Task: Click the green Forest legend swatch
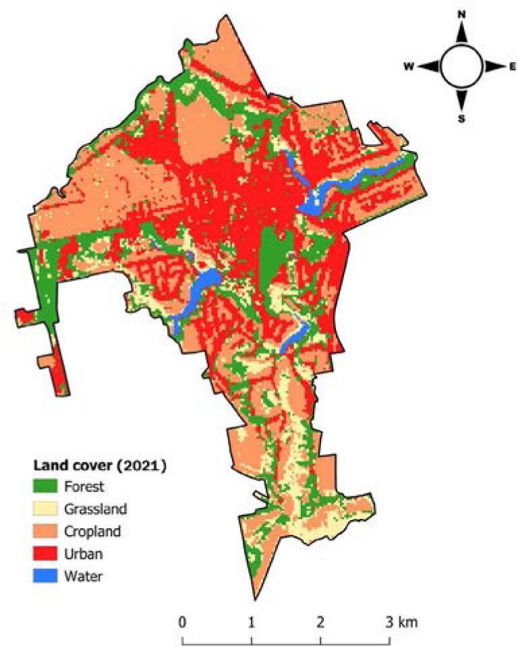[x=47, y=485]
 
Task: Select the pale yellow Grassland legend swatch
[x=47, y=508]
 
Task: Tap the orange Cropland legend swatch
[x=47, y=531]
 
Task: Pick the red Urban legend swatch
[x=47, y=553]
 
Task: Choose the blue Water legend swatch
[x=47, y=575]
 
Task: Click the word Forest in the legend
[x=82, y=485]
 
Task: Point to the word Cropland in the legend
[x=92, y=531]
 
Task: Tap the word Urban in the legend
[x=81, y=553]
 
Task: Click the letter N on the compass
[x=462, y=14]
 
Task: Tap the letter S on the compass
[x=462, y=119]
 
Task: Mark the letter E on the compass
[x=512, y=66]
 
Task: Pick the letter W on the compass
[x=409, y=66]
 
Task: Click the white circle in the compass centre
[x=462, y=66]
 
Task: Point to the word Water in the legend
[x=81, y=575]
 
